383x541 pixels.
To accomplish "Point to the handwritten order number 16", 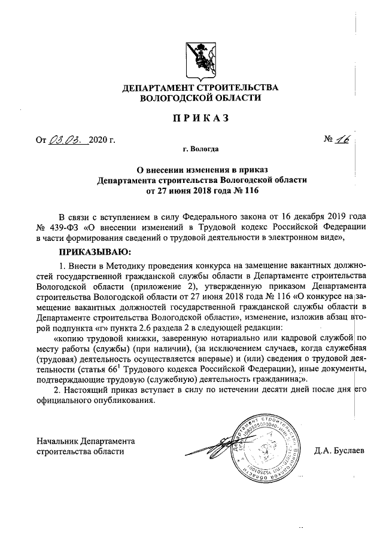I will [343, 139].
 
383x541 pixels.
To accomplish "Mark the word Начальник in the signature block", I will [57, 441].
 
